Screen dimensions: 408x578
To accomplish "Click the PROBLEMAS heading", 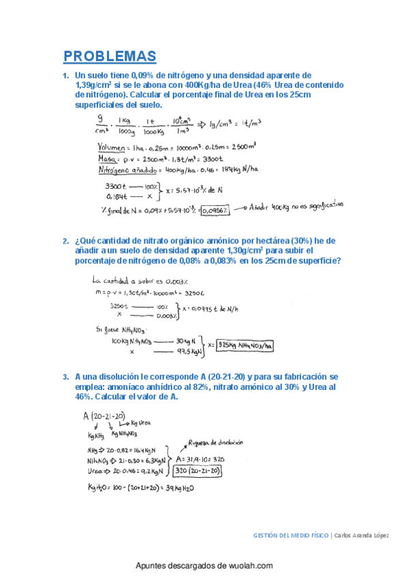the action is tap(110, 56).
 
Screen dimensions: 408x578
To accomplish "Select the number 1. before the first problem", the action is tap(65, 76).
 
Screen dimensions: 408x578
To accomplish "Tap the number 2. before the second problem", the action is tap(65, 241).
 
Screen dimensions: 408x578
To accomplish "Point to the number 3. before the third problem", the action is tap(65, 376).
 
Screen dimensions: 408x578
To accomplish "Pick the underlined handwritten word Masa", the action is tap(109, 157).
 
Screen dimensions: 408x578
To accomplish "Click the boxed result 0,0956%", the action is tap(215, 210).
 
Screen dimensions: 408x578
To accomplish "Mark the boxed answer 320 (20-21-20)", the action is tap(197, 470).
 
